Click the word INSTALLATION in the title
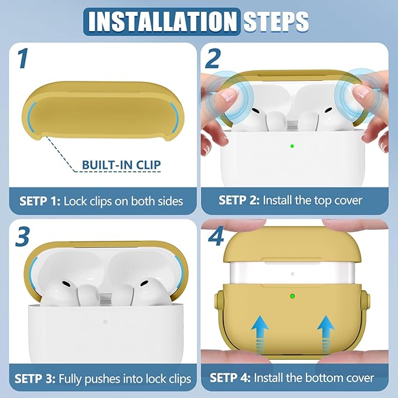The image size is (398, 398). click(x=162, y=21)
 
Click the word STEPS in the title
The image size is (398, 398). click(x=276, y=21)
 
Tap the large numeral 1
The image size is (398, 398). click(x=23, y=59)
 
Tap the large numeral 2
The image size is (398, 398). click(x=213, y=59)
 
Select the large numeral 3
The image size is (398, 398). click(x=22, y=237)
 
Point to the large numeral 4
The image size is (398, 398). click(x=216, y=237)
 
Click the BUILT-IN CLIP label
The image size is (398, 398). click(x=121, y=165)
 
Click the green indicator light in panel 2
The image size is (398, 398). click(x=292, y=146)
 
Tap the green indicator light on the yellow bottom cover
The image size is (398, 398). click(x=292, y=296)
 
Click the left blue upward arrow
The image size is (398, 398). click(x=260, y=334)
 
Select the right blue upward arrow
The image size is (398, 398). click(x=326, y=334)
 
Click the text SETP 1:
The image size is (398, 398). click(x=40, y=201)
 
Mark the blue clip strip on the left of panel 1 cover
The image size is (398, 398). click(x=30, y=117)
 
